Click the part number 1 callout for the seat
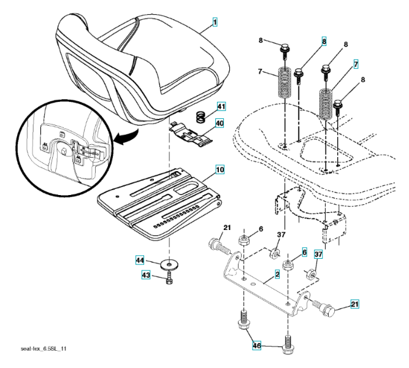point(215,23)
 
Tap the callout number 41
point(219,107)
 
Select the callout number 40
point(219,123)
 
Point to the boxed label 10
point(219,168)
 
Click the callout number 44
point(140,261)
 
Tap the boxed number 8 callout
point(324,42)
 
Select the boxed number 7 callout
point(356,64)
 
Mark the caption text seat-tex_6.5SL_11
point(44,348)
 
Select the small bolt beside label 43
point(170,279)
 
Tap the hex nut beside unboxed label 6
point(243,238)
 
